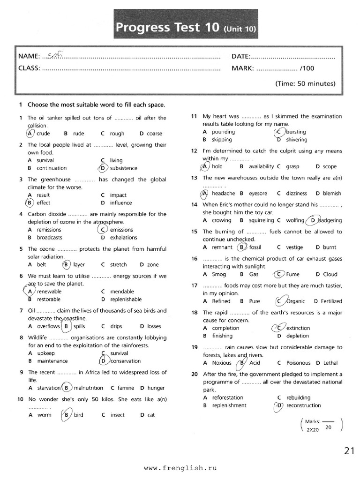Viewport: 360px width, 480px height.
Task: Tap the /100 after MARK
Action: (x=307, y=68)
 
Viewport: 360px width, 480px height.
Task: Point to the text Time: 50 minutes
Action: (x=305, y=84)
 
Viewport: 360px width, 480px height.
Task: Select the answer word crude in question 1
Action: (x=43, y=134)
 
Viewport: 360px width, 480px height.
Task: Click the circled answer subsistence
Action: (x=123, y=168)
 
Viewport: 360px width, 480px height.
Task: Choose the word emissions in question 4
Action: (x=121, y=230)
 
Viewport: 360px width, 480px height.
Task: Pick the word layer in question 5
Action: (x=79, y=264)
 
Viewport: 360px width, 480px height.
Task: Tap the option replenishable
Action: (x=126, y=299)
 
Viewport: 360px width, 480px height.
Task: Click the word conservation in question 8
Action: (x=125, y=361)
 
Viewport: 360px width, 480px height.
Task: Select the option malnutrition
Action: (x=89, y=388)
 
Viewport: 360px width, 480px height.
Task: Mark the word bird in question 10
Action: (x=79, y=415)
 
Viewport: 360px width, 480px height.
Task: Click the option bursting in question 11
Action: (x=296, y=132)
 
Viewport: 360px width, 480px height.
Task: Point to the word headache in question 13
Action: (x=223, y=193)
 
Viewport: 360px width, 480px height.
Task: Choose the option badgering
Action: (x=330, y=220)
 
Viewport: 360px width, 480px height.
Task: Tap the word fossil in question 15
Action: (x=255, y=247)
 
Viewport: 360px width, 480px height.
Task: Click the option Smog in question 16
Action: (x=219, y=274)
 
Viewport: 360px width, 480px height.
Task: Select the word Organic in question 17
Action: (x=295, y=301)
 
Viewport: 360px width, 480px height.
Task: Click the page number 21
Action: (x=349, y=451)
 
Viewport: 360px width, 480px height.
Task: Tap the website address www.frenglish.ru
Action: (x=180, y=468)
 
